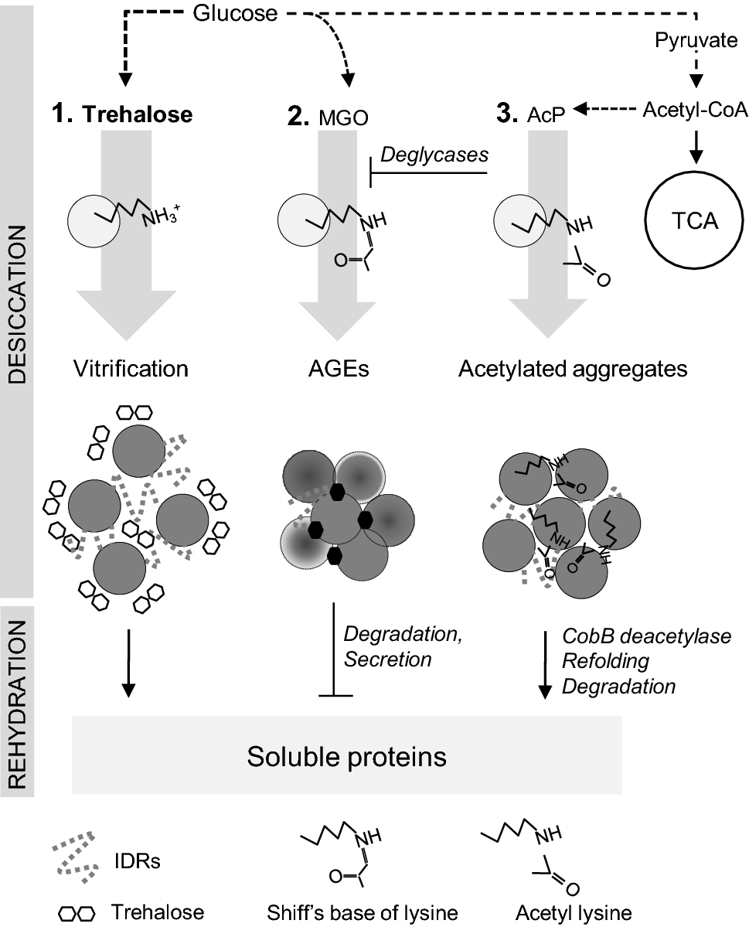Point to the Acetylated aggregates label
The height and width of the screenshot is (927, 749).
(572, 368)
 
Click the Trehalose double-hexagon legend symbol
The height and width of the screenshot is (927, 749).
(79, 912)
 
